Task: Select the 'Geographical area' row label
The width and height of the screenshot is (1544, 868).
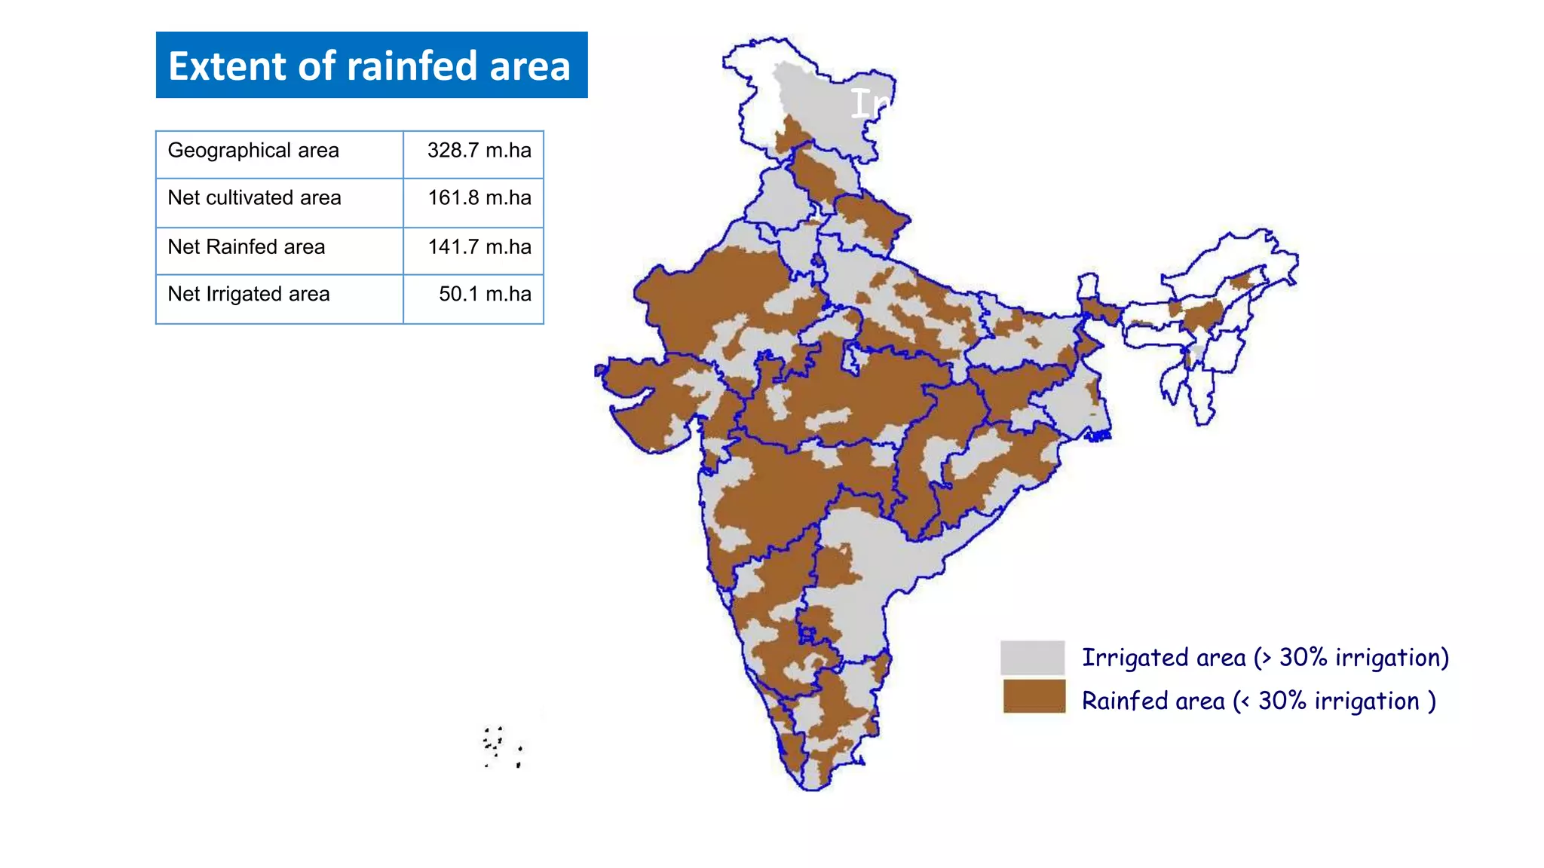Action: click(x=253, y=151)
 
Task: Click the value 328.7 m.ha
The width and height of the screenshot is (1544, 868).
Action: click(x=479, y=151)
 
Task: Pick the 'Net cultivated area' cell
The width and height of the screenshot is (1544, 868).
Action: click(x=254, y=198)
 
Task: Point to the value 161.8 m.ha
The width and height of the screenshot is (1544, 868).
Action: click(x=479, y=198)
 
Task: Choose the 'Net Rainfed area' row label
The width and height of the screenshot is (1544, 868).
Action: click(x=246, y=247)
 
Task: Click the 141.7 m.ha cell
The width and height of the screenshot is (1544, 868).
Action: click(x=479, y=247)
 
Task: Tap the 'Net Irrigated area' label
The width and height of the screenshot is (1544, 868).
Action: click(x=248, y=295)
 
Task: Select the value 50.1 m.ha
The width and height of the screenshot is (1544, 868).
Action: click(x=485, y=295)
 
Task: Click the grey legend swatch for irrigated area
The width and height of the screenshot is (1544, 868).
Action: click(x=1032, y=657)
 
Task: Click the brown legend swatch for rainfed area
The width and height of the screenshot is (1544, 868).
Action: click(x=1034, y=696)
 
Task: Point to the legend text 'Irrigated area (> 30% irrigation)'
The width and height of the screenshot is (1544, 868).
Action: click(x=1265, y=658)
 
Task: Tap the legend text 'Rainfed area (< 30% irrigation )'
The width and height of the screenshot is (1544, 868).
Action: click(x=1258, y=701)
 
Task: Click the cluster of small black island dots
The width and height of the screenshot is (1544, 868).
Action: click(x=501, y=746)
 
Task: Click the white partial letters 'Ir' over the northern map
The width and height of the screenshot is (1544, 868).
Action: click(x=868, y=104)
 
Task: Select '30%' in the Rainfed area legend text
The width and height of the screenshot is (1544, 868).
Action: click(x=1282, y=701)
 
